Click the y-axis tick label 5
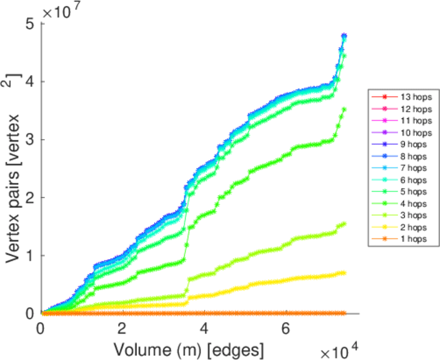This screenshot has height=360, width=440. [x=30, y=23]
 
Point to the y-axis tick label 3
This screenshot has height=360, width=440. [x=30, y=139]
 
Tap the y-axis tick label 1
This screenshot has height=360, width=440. [x=30, y=255]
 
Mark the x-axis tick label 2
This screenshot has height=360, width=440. [x=122, y=329]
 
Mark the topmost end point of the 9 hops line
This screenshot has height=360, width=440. [x=344, y=36]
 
